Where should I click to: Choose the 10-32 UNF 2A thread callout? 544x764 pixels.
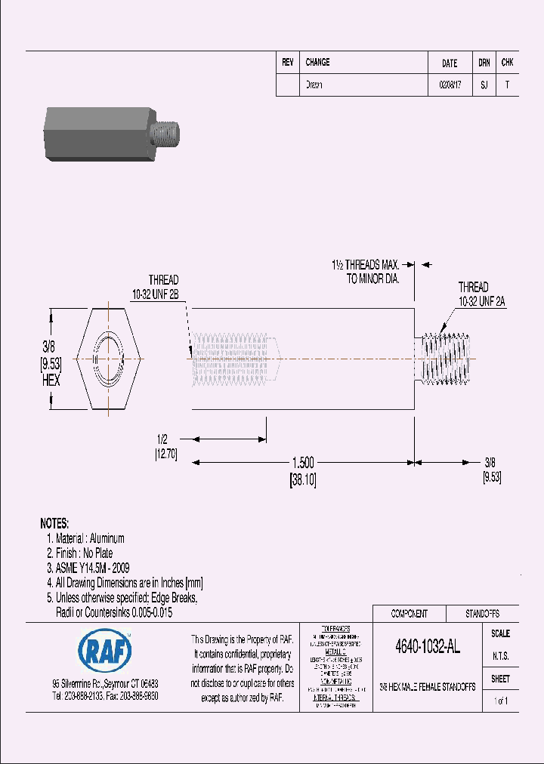481,300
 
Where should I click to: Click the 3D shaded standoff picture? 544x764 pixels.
112,134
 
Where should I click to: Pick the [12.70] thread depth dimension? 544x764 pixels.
165,454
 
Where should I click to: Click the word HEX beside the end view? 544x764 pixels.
50,381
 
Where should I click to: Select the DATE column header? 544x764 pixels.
449,63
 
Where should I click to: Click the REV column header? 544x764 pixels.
287,63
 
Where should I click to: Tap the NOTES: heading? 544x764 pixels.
54,523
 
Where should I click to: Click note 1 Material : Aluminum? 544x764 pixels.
85,538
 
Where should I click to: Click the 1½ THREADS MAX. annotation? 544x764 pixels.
365,265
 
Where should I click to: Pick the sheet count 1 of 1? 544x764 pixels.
500,701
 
